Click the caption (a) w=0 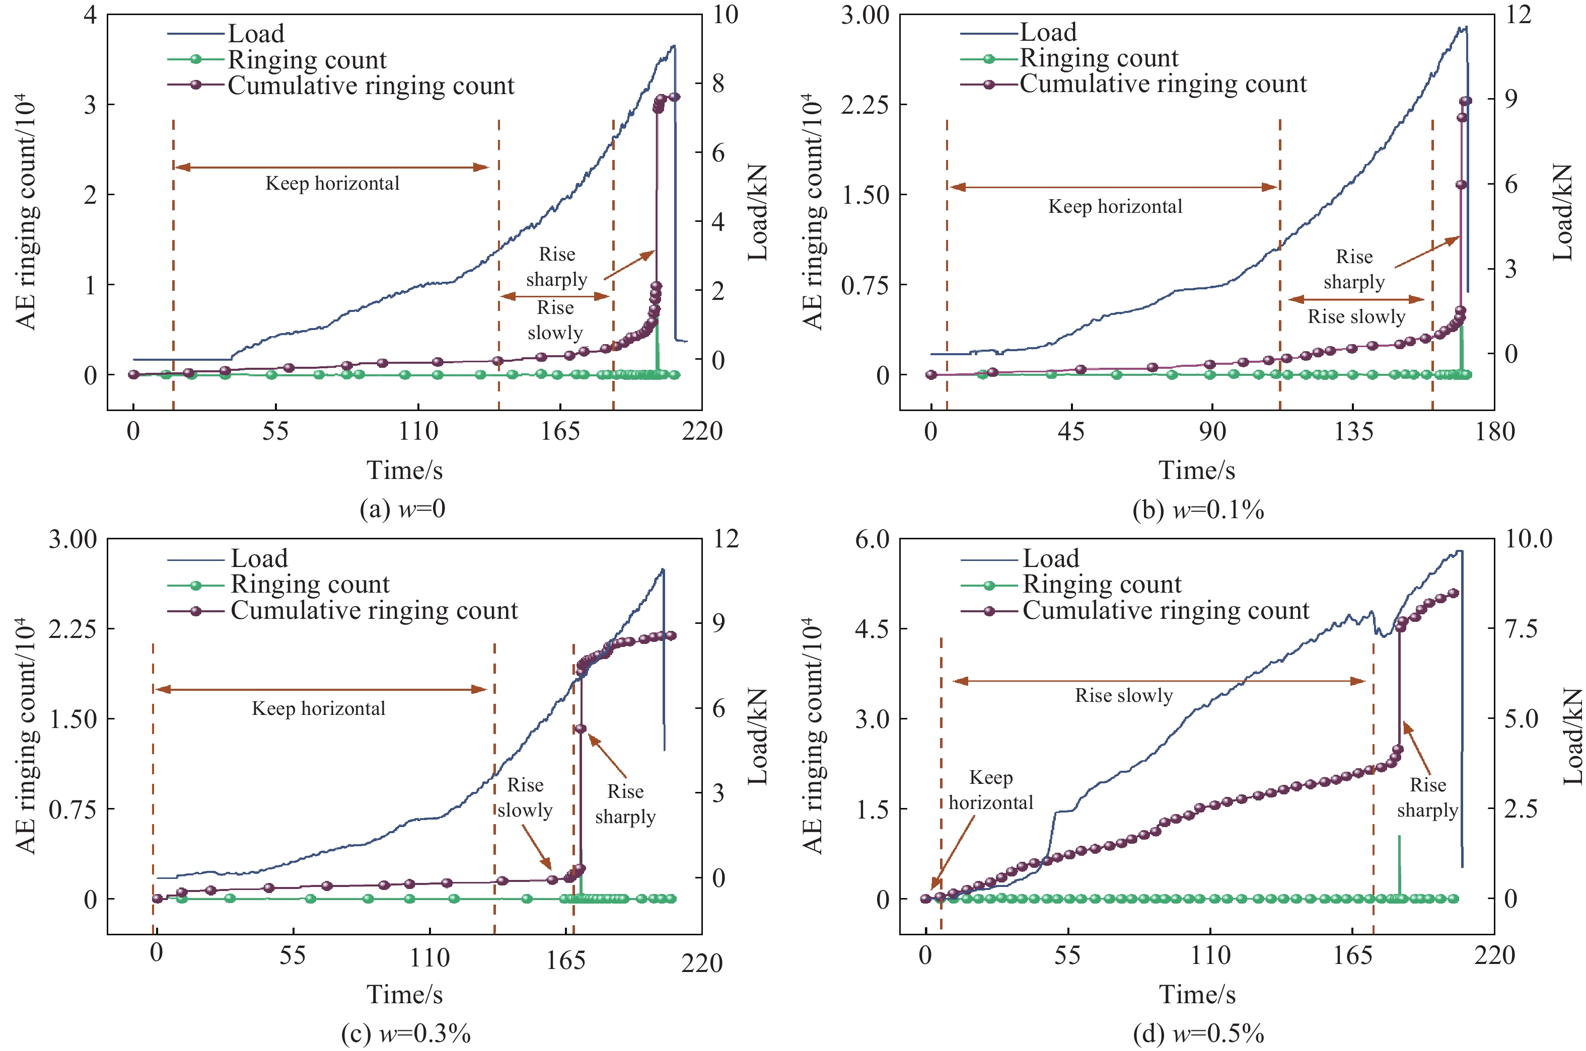402,510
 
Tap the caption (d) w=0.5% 1198,1034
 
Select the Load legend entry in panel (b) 1047,32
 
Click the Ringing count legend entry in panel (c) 310,585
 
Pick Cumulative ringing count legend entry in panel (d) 1166,611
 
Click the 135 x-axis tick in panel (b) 1352,431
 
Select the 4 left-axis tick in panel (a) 90,15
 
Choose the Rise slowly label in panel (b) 1356,316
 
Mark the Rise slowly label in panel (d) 1124,696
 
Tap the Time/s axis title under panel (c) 404,995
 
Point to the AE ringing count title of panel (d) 813,736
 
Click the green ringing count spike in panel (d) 1399,865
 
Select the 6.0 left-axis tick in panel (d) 871,539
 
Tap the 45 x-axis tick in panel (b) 1071,431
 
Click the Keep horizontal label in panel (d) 990,790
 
